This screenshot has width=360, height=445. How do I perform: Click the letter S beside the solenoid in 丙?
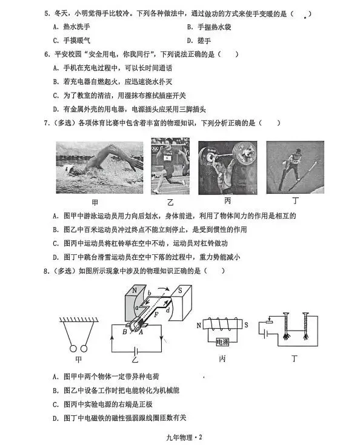click(246, 325)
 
